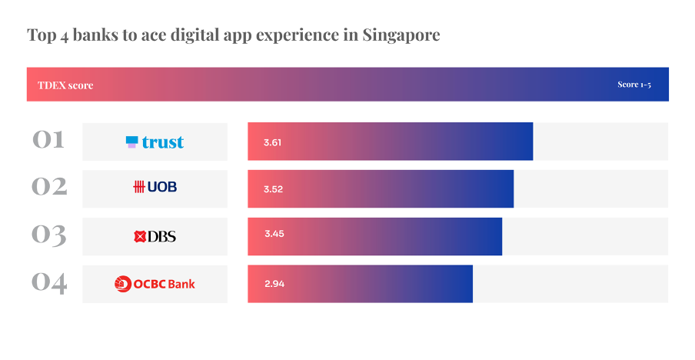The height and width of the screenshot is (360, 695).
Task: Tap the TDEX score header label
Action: point(65,85)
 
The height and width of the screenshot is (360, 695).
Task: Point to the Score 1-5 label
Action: point(634,85)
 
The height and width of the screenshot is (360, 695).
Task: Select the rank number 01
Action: point(49,141)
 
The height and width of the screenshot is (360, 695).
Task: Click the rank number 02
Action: point(49,187)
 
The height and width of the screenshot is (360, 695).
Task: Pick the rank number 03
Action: point(49,235)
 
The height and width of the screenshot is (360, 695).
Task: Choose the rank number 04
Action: point(49,282)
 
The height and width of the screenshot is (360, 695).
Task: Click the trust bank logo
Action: point(155,142)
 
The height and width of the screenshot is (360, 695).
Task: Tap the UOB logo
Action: point(155,187)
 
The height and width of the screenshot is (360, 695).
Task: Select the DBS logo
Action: point(155,236)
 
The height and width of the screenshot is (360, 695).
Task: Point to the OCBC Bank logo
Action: point(155,284)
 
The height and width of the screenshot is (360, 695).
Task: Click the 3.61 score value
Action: point(273,142)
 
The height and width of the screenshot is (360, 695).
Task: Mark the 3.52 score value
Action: point(273,189)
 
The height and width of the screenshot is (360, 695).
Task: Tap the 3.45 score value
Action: point(274,234)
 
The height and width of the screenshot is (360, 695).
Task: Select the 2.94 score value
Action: point(274,284)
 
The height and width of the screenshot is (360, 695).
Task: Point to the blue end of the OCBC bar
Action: point(464,284)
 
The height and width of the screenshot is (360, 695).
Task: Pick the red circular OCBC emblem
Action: point(123,284)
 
